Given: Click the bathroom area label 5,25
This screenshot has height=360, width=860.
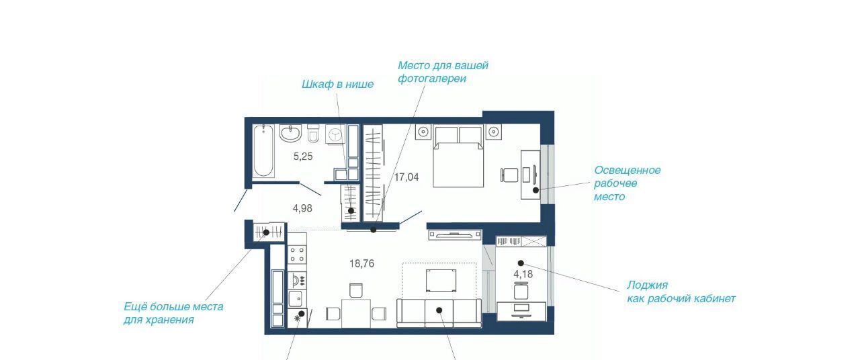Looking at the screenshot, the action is tap(303, 156).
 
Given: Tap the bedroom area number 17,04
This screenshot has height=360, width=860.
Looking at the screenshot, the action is tap(406, 177).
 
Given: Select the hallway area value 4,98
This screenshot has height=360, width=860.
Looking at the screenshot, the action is tap(302, 208).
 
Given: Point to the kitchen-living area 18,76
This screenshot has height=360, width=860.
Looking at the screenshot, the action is tap(361, 264).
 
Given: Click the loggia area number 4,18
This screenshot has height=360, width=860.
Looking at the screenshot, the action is tap(523, 274).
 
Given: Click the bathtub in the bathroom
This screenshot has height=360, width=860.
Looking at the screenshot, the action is tap(263, 151).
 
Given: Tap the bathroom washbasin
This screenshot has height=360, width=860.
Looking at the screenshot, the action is tap(291, 133).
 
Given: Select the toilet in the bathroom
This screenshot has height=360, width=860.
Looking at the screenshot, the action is tap(313, 134).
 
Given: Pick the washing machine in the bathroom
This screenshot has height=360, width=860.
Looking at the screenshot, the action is tap(335, 134).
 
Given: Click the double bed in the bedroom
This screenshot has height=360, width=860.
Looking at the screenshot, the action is tap(458, 157).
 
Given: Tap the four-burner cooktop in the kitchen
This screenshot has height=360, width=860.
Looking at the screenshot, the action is tap(297, 255).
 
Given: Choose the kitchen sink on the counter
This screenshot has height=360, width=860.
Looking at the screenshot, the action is tap(295, 298).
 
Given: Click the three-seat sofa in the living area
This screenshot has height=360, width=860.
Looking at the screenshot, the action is tap(439, 313).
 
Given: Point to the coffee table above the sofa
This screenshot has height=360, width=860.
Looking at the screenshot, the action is tap(441, 281).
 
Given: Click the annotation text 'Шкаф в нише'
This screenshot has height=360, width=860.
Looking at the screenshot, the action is tap(337, 85).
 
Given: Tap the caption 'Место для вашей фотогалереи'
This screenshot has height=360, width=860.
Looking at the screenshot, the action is tap(443, 72).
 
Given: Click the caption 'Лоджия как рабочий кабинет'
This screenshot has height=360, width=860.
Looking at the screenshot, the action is tap(681, 291).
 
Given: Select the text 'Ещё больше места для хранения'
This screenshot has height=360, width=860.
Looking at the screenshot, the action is tap(173, 313).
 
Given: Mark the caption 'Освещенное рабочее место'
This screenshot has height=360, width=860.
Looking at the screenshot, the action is tap(628, 183).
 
